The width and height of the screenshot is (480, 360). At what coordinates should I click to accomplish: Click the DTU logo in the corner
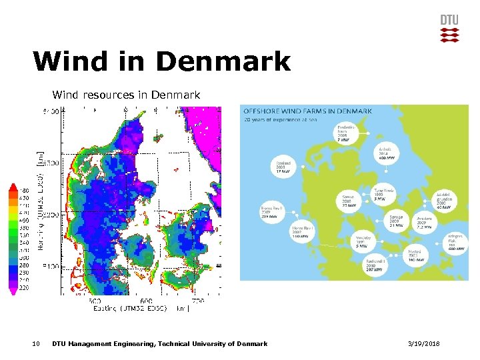[449, 28]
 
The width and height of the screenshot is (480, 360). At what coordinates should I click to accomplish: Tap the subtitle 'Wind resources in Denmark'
[126, 95]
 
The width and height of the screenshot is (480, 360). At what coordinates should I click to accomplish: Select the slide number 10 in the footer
[36, 344]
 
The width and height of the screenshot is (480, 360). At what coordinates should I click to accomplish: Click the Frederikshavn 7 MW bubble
[346, 133]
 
